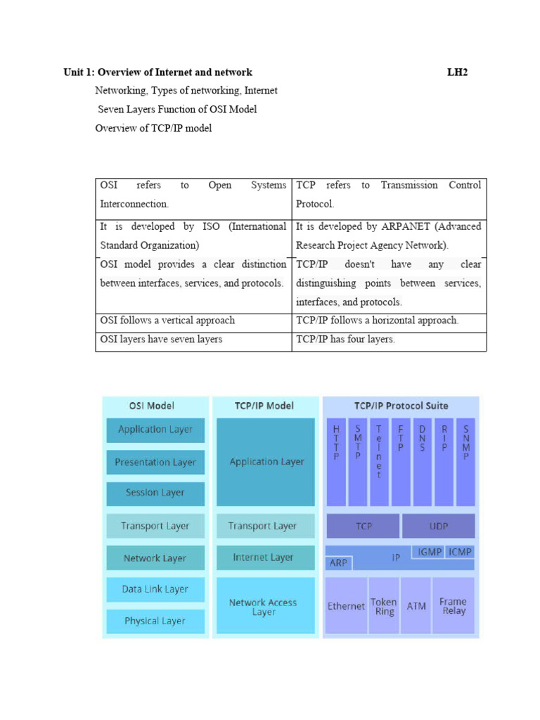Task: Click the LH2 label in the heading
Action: pos(457,72)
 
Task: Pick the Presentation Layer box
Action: pos(155,462)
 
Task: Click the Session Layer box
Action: pos(155,493)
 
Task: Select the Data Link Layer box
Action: pos(155,589)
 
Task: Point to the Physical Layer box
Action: pos(155,621)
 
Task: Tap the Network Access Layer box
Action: pos(263,607)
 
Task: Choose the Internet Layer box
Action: pos(263,558)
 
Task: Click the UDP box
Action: pos(438,526)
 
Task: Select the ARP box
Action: pos(337,563)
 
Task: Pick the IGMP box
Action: pos(429,552)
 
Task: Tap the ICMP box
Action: pos(460,552)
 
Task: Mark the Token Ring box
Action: pos(383,606)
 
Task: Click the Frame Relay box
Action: pos(453,606)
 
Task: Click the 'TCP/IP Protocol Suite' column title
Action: pos(401,406)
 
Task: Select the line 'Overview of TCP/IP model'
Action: pos(153,128)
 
